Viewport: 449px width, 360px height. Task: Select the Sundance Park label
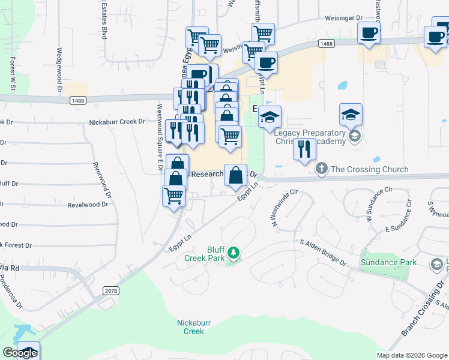388,262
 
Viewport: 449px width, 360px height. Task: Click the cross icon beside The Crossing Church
322,169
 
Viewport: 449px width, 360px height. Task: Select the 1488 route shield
327,43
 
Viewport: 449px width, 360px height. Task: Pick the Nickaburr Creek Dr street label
117,121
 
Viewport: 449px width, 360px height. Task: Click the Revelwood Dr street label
88,205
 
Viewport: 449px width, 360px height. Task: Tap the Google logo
19,353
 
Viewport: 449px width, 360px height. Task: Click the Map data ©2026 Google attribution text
412,355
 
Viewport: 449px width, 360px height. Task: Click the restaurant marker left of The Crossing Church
304,149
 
